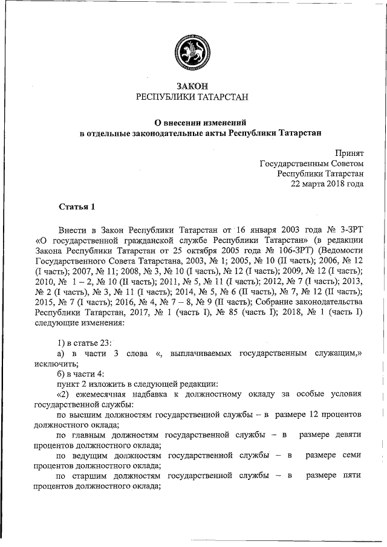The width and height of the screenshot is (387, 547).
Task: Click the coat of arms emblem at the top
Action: pos(192,49)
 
